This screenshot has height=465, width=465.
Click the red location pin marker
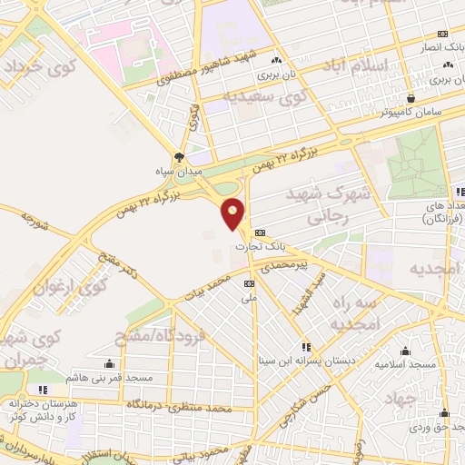233,213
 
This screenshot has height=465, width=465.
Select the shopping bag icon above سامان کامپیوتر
411,98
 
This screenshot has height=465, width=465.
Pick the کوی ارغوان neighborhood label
70,287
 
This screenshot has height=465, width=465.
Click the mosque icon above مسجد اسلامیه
405,351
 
